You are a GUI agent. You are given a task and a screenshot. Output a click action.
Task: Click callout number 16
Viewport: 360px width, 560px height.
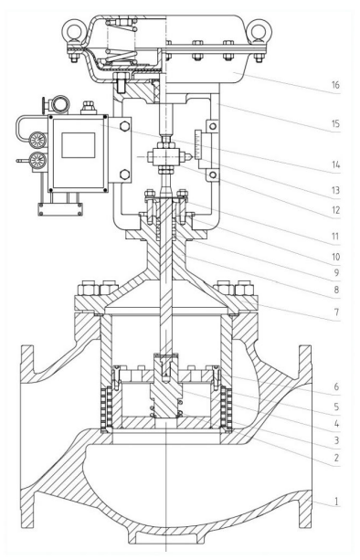coord(335,85)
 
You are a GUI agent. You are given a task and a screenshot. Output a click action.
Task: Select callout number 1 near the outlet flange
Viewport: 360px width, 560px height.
coord(336,502)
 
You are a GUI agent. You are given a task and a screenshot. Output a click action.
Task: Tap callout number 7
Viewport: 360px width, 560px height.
coord(336,312)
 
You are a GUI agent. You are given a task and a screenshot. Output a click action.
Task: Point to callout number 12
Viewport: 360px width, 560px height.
coord(335,210)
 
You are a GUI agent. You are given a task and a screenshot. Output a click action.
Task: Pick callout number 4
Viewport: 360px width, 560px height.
coord(336,424)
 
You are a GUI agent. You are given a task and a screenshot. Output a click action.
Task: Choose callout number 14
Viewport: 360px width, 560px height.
coord(335,164)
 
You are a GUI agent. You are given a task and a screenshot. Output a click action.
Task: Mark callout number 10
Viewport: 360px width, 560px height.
coord(335,257)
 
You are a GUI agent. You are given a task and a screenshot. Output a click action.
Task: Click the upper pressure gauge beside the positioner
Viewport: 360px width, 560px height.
coord(37,140)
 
